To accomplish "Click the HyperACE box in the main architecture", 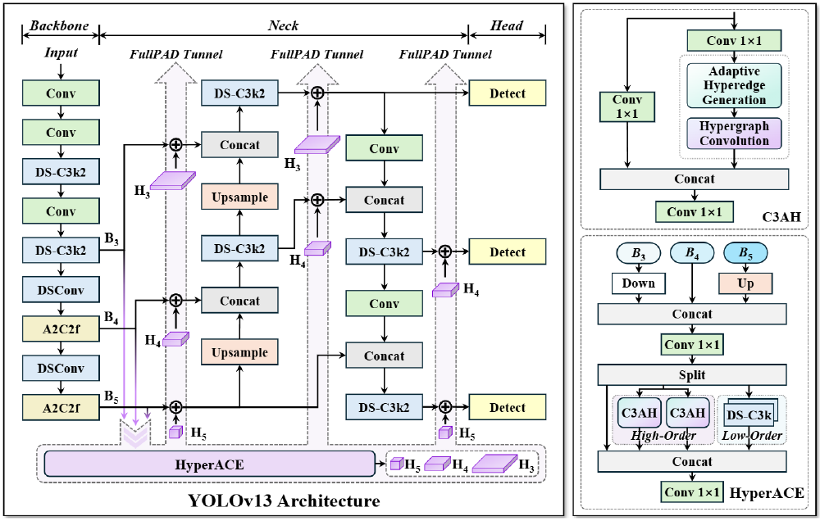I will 209,464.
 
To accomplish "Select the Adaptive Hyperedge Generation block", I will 734,85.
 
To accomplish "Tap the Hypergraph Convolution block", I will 734,134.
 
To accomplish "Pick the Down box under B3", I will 639,283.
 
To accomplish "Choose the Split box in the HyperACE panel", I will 693,374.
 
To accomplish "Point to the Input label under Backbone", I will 61,53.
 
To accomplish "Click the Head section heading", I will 507,26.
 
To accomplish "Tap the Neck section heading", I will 283,26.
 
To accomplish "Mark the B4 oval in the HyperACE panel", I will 694,253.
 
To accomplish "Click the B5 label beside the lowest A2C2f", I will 112,396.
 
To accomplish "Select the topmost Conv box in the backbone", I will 61,93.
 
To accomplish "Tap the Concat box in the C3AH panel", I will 695,179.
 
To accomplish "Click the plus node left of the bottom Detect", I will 444,406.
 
